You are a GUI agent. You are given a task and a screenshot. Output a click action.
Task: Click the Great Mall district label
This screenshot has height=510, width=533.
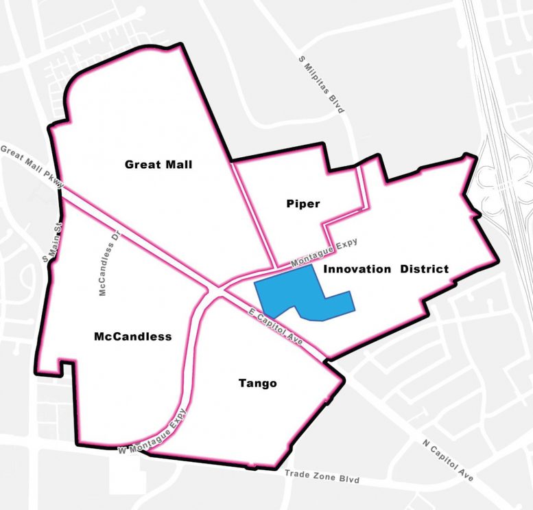click(x=158, y=165)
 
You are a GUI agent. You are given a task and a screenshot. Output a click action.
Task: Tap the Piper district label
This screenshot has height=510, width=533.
click(x=303, y=204)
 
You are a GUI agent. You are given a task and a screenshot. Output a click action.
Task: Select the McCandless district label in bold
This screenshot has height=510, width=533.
click(x=132, y=337)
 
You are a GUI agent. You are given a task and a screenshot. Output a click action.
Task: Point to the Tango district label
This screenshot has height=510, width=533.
click(x=257, y=383)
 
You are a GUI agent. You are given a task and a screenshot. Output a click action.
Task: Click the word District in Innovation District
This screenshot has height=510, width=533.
click(x=425, y=269)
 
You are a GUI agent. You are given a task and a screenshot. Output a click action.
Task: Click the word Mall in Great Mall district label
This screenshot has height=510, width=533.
click(x=178, y=165)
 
